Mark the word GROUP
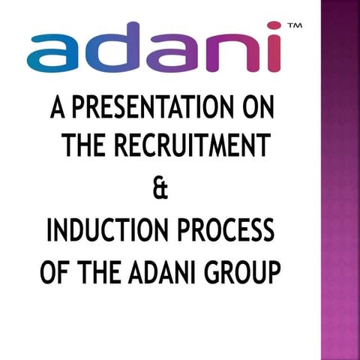pyautogui.click(x=240, y=270)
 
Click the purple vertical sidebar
pyautogui.click(x=340, y=180)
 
